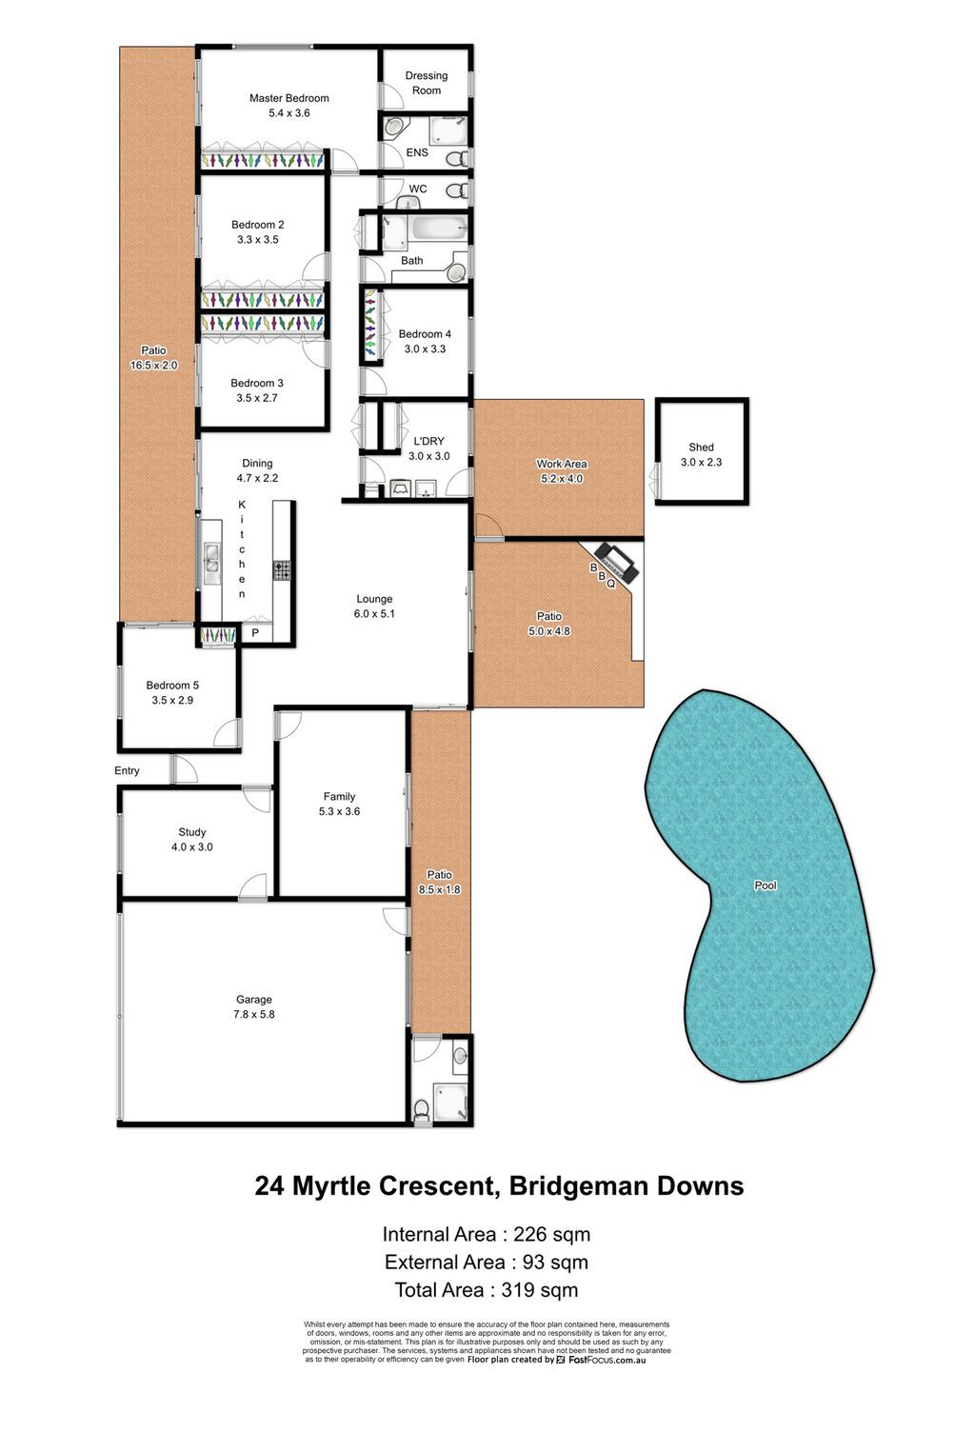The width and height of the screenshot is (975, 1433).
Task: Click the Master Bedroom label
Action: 289,98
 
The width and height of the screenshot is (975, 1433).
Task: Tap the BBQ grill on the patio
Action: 615,562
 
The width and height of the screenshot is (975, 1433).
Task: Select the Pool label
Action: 766,886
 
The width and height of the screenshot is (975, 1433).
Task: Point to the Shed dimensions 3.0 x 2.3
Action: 701,462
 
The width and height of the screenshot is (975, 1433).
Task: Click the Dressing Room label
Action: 426,83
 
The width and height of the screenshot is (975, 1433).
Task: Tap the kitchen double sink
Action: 211,557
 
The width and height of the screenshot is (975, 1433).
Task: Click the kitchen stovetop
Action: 282,570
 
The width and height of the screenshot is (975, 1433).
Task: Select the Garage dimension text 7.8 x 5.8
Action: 254,1014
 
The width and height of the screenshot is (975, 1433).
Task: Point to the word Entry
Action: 127,771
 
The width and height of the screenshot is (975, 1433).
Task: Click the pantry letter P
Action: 255,632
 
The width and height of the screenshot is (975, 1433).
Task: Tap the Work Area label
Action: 561,464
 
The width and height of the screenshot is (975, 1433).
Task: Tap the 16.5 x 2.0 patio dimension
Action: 153,366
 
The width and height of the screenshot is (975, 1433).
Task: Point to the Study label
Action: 192,831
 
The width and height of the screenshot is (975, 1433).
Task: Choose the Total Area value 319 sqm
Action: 539,1289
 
